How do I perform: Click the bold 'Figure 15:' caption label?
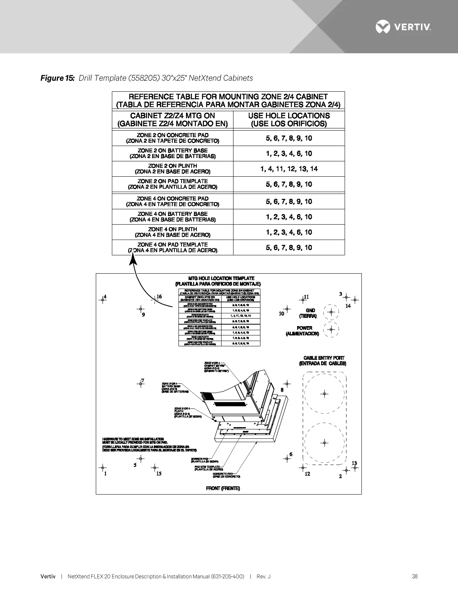tap(58, 78)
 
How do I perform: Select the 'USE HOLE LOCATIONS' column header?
tap(289, 119)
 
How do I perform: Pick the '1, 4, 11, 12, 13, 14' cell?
tap(289, 169)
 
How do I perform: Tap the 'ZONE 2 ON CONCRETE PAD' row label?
tap(172, 138)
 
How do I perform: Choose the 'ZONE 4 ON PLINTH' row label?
tap(172, 232)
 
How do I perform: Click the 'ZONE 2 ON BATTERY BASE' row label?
tap(172, 153)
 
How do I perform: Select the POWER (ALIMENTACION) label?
tap(302, 331)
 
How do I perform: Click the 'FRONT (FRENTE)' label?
tap(223, 488)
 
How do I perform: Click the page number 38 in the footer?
tap(415, 577)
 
